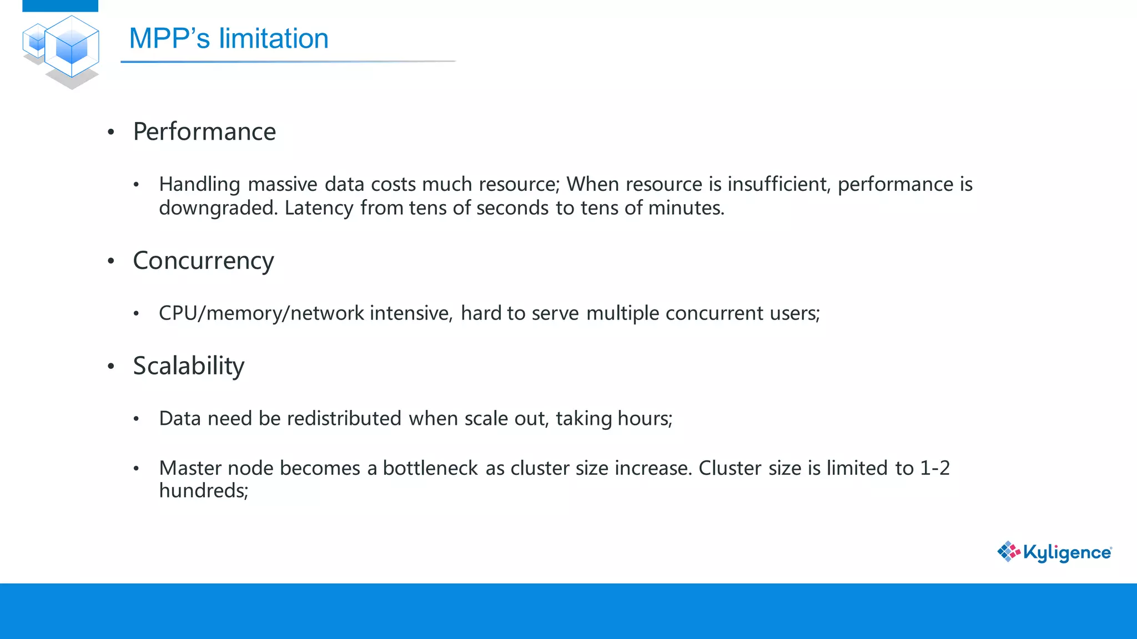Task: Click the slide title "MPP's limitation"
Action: tap(228, 39)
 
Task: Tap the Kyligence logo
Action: tap(1054, 552)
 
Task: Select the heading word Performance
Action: tap(204, 132)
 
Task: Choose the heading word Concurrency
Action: tap(203, 261)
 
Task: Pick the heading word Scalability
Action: tap(189, 366)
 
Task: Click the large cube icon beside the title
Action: tap(72, 47)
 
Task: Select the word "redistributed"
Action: tap(344, 418)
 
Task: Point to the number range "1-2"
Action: tap(935, 468)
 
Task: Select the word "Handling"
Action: tap(199, 184)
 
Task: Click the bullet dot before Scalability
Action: tap(111, 366)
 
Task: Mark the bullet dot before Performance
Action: tap(111, 132)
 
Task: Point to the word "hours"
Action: tap(643, 418)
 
